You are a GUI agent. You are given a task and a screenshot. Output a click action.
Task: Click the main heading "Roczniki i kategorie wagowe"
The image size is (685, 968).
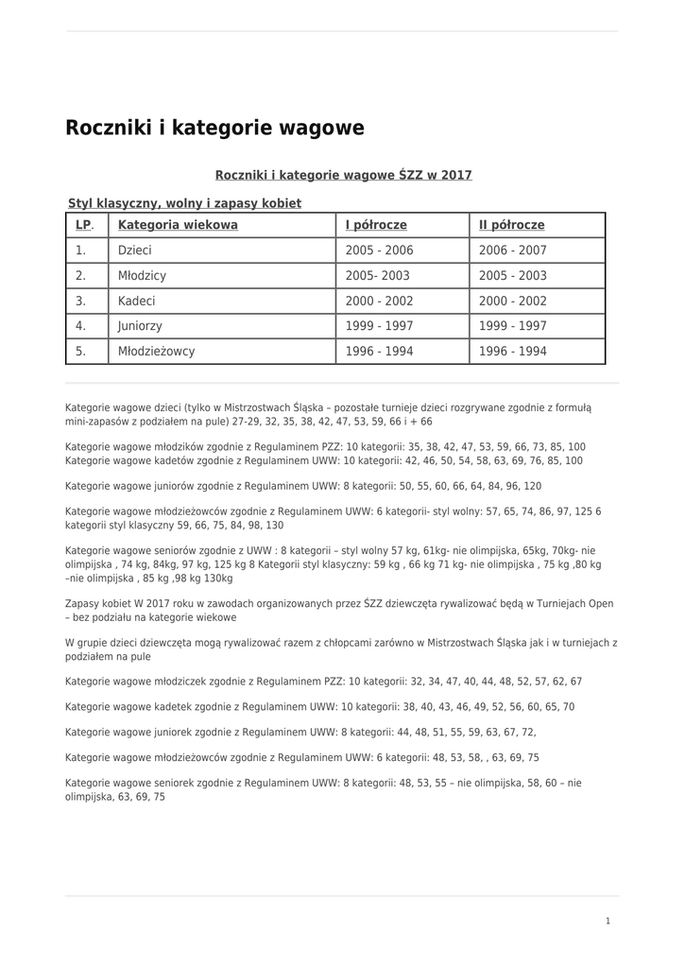(214, 127)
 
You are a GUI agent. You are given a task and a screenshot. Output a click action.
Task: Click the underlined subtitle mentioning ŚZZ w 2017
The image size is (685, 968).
(343, 175)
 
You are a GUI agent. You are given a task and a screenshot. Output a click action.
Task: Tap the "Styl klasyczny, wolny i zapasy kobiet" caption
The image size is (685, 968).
(184, 203)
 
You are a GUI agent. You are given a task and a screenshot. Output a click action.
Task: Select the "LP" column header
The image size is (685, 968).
(84, 225)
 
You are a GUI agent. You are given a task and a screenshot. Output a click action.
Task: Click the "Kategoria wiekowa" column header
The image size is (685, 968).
(178, 225)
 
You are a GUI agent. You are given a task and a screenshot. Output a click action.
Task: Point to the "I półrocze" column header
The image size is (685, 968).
(376, 225)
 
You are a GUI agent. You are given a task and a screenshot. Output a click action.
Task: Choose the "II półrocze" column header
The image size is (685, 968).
(512, 225)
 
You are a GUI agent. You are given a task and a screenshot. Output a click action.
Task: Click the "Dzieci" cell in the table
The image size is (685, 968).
(135, 251)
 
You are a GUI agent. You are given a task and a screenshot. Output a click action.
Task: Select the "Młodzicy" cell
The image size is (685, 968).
(142, 276)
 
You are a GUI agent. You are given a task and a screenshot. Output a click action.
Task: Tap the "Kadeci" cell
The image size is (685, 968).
(137, 301)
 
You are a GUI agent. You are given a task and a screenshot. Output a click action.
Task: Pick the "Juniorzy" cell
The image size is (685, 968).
(140, 326)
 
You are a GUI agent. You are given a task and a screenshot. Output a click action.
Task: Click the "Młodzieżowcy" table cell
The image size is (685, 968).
(157, 351)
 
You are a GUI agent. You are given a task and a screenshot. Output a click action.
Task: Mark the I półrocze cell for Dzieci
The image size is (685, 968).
(379, 251)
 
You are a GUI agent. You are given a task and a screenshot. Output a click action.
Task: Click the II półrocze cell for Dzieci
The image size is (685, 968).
(513, 251)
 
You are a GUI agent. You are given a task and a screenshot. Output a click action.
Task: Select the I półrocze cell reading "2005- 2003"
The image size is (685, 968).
(378, 276)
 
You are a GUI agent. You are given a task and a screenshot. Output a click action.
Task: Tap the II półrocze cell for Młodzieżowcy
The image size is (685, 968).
(513, 351)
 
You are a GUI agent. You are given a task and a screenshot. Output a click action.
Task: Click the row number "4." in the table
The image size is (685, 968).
(81, 326)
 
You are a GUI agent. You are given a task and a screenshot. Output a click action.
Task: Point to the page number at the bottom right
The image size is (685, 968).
(608, 921)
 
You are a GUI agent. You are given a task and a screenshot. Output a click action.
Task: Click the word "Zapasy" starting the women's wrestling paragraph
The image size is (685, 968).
(81, 601)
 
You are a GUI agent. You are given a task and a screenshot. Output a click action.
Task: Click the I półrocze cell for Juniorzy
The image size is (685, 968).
(379, 326)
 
